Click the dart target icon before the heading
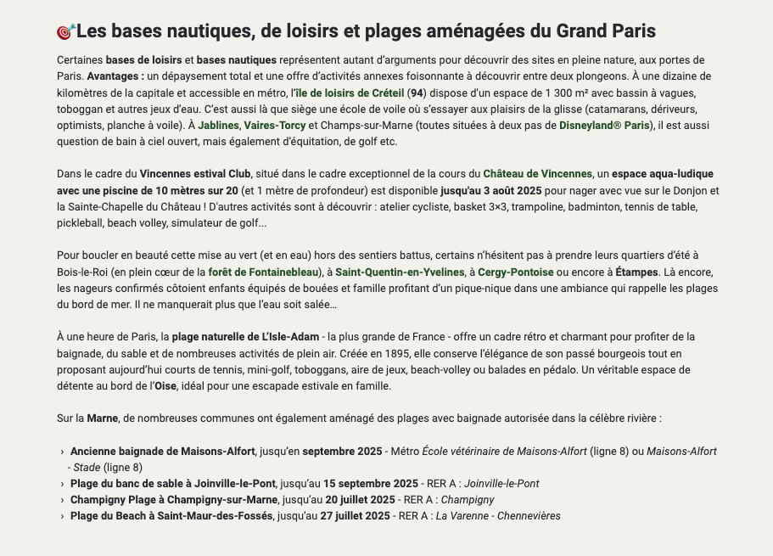[66, 32]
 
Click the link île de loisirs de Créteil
[350, 93]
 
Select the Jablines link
[218, 126]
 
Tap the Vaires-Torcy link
[275, 126]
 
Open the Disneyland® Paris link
[604, 126]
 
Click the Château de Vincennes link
[537, 174]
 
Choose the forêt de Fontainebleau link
[263, 272]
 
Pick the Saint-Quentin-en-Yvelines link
[399, 272]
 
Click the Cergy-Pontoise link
[515, 272]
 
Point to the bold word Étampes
[636, 272]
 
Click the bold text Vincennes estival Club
[195, 174]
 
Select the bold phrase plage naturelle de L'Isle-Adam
[245, 337]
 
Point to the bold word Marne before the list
[102, 418]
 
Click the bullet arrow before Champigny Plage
[63, 501]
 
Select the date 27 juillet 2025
[355, 516]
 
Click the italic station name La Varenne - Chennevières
[498, 516]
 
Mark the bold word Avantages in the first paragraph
[115, 76]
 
